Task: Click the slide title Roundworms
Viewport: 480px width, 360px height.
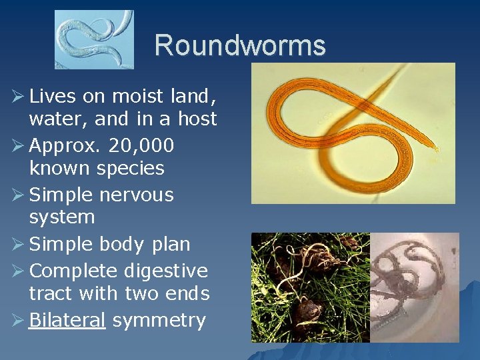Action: click(240, 45)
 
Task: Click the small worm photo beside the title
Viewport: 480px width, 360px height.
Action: click(94, 40)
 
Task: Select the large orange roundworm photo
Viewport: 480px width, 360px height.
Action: click(353, 133)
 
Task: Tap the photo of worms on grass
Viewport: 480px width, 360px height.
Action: click(310, 287)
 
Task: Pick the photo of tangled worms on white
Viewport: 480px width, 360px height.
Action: click(415, 287)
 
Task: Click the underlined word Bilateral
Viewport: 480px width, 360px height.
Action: click(67, 320)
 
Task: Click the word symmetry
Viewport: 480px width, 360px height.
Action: click(159, 321)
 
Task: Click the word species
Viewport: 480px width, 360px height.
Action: click(132, 168)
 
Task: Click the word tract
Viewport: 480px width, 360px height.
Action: click(51, 293)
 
